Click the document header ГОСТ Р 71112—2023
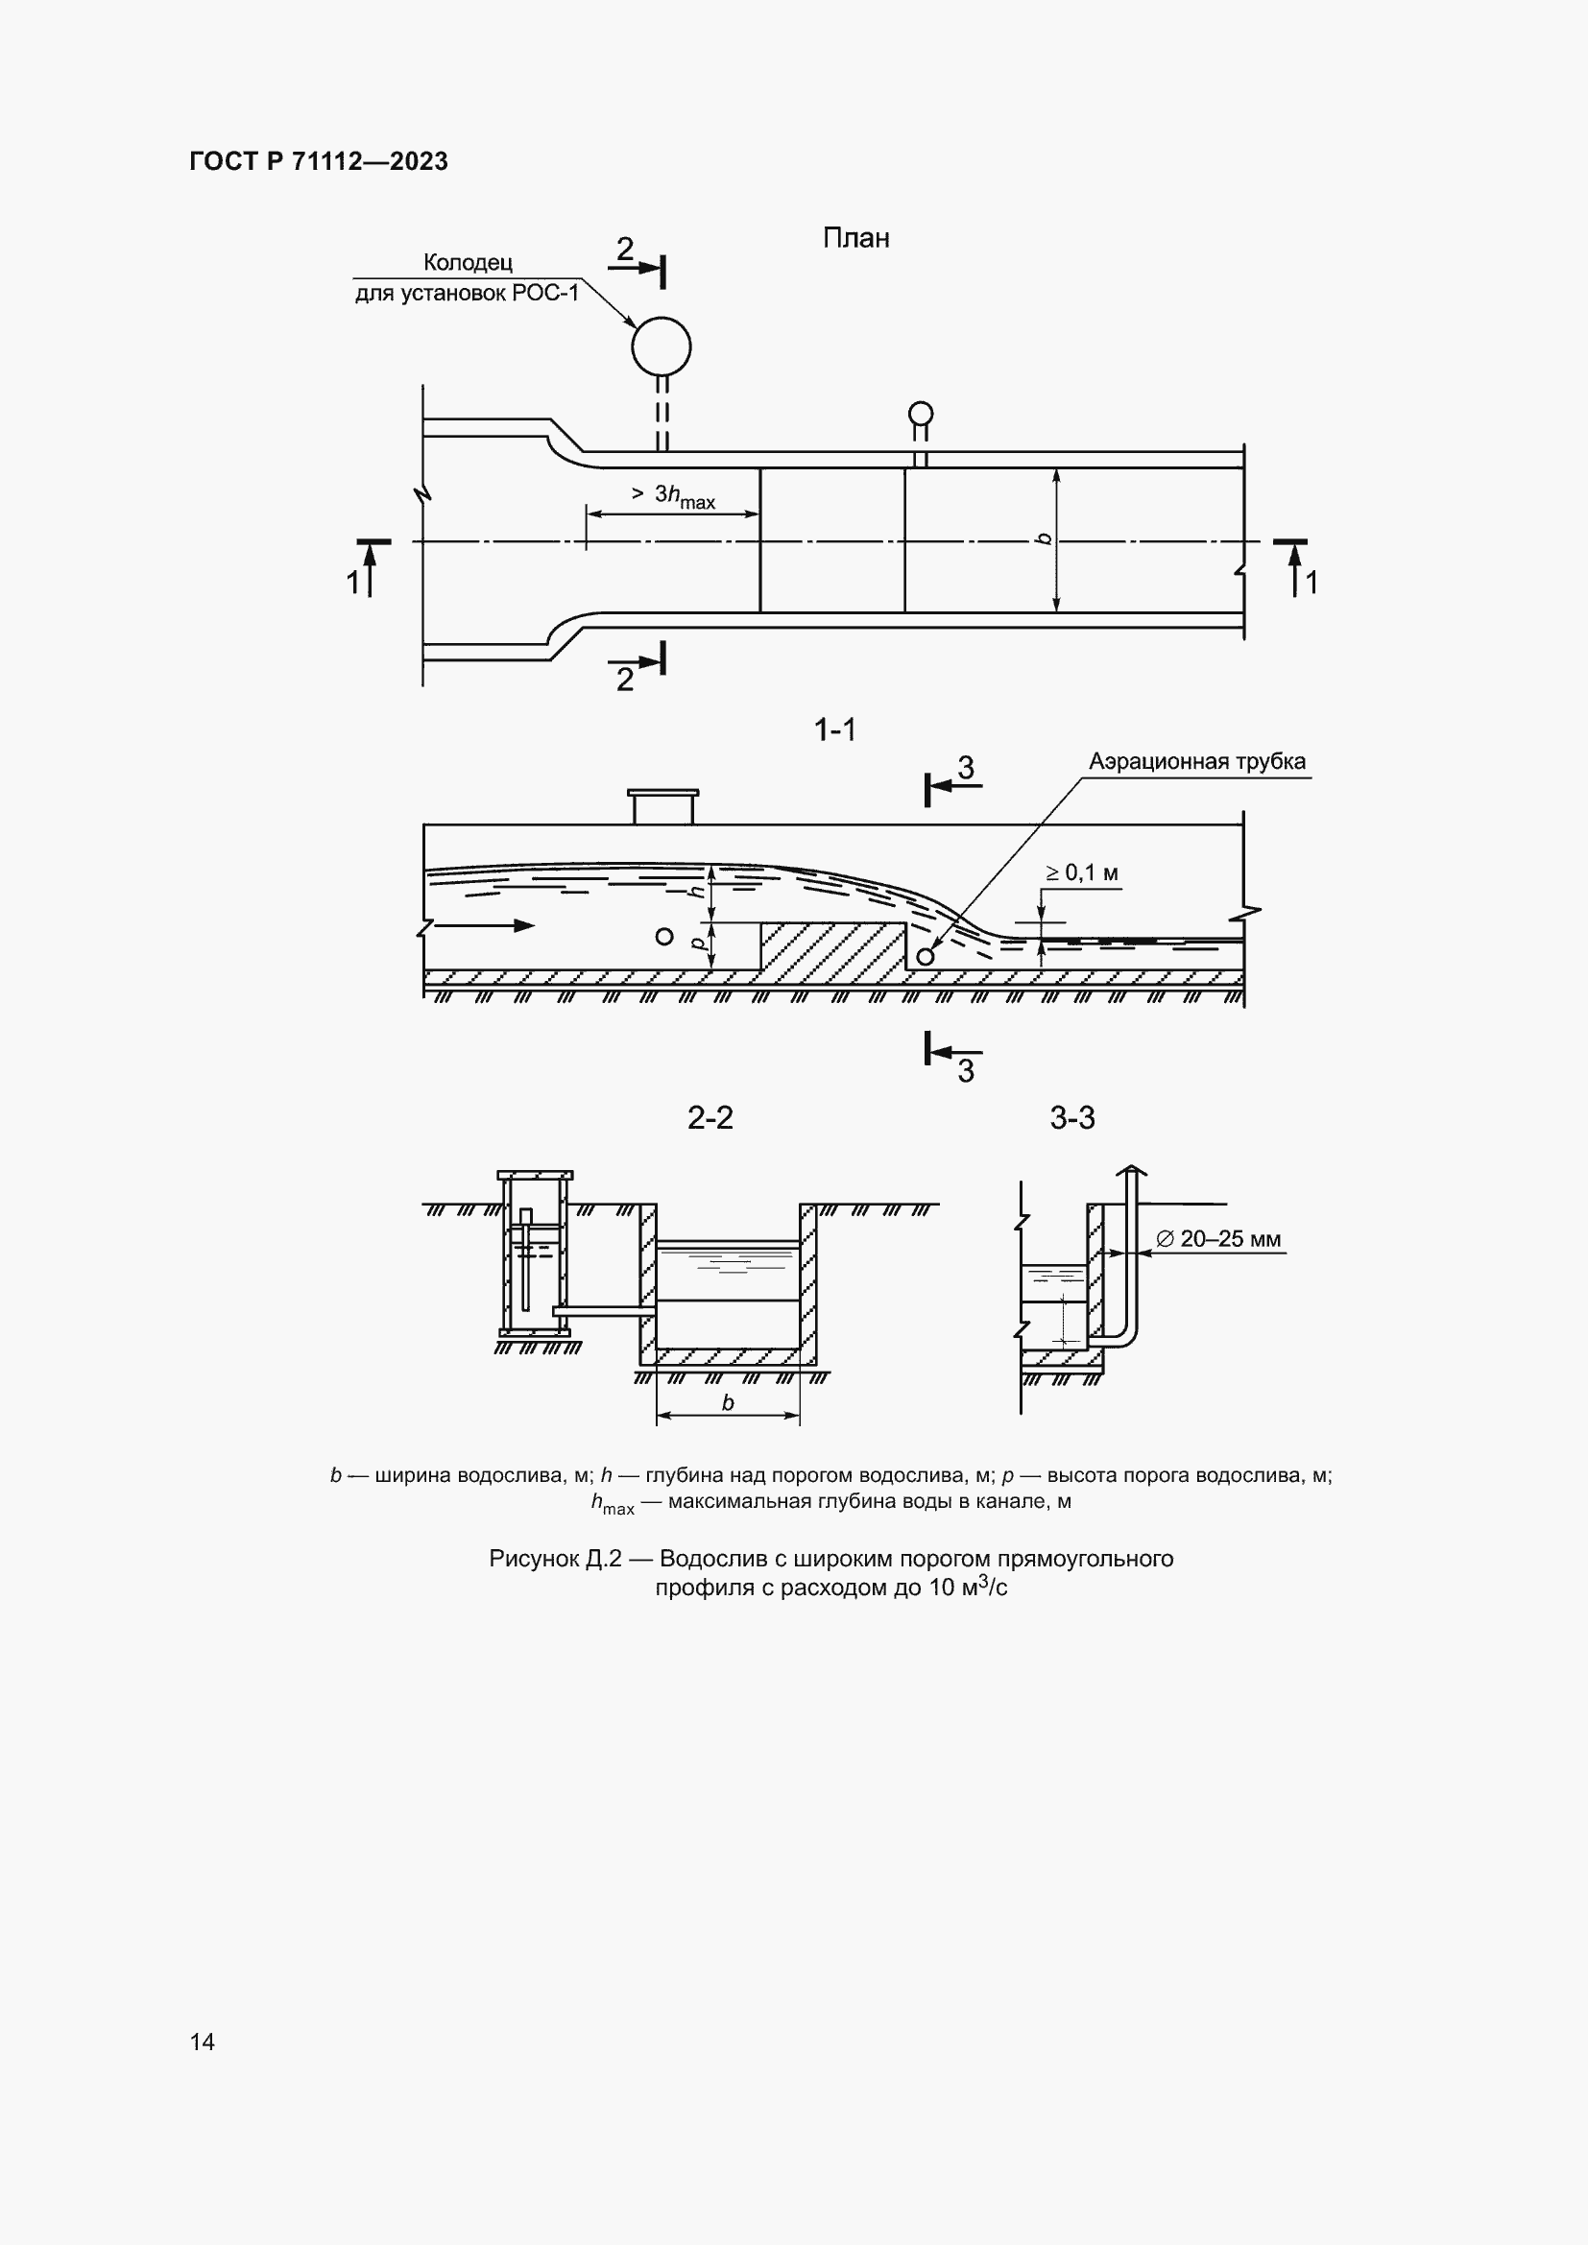point(319,161)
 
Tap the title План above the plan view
point(855,238)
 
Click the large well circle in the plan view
point(662,346)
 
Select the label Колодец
point(468,262)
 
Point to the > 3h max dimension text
point(674,497)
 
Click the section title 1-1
point(835,729)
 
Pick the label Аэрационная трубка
point(1198,761)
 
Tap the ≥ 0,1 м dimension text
point(1081,872)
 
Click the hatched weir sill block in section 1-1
point(833,946)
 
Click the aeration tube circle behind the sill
point(924,956)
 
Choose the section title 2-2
point(710,1117)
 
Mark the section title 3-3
point(1072,1117)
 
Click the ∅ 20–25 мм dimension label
point(1218,1240)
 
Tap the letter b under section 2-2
point(728,1403)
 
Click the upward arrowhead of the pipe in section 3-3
point(1130,1170)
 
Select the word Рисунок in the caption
point(533,1559)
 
